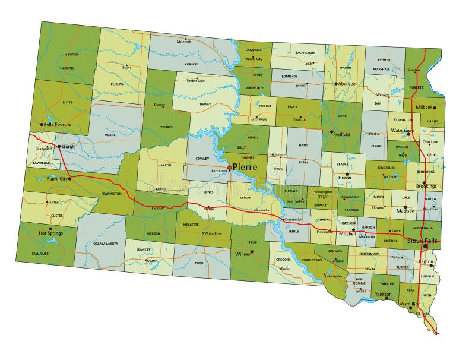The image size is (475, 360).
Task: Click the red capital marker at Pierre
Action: [x=230, y=168]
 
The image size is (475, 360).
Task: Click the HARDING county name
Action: [x=67, y=68]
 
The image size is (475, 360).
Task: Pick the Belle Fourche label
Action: [x=58, y=125]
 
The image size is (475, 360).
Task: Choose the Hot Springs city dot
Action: [x=50, y=228]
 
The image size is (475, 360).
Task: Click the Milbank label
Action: [x=424, y=107]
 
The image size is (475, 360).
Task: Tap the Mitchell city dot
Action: [x=353, y=229]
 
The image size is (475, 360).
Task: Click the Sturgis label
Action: [x=69, y=145]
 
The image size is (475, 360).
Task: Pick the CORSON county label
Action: [x=191, y=64]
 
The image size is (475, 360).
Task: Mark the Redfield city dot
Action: [x=331, y=132]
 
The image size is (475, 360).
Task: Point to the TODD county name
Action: [x=199, y=263]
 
